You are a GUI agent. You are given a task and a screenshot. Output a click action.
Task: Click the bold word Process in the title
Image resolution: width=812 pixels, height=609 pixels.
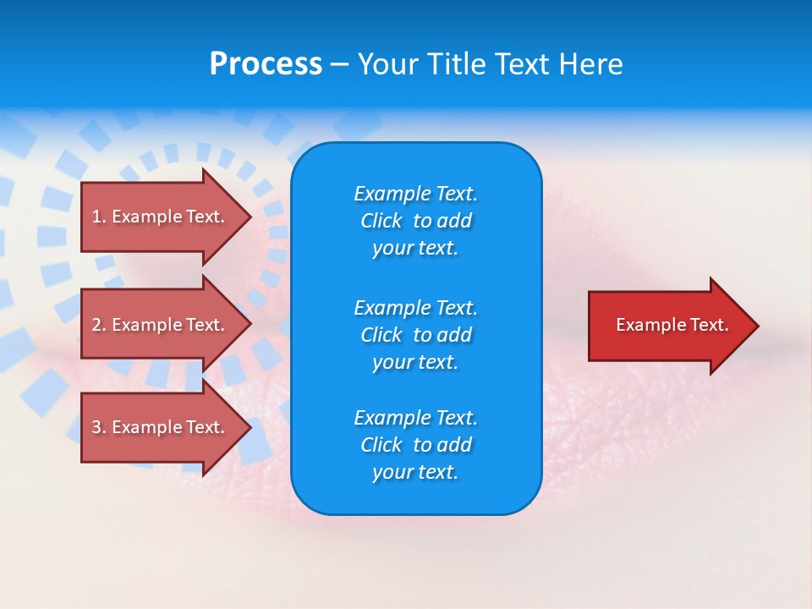click(266, 64)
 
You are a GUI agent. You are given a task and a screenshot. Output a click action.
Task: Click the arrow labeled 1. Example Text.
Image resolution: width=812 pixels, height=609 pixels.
click(161, 217)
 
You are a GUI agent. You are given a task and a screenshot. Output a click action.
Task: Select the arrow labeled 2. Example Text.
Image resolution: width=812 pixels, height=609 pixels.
click(161, 325)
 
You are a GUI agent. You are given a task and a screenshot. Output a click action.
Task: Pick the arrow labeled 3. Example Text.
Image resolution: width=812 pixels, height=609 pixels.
click(161, 427)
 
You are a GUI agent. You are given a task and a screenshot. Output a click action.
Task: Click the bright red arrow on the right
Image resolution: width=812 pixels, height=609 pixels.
click(668, 326)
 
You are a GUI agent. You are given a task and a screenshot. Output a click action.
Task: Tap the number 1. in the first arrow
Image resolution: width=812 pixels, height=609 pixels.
click(99, 217)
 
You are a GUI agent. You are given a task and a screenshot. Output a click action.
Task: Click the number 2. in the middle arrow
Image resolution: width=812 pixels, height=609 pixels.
click(99, 325)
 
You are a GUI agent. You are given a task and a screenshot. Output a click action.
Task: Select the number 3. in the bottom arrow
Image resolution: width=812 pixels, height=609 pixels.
click(99, 427)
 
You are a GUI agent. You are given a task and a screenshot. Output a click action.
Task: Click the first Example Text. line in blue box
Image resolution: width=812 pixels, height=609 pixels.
click(415, 194)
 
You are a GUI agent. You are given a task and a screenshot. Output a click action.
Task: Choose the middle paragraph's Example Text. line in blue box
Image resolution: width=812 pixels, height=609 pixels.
click(415, 307)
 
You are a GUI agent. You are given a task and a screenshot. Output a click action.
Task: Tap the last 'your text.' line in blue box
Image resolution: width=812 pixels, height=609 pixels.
click(415, 472)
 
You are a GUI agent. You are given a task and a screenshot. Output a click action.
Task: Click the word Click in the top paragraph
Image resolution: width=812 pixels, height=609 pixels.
click(381, 221)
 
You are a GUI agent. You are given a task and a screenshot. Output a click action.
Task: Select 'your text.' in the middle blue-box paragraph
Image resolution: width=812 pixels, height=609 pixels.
click(415, 362)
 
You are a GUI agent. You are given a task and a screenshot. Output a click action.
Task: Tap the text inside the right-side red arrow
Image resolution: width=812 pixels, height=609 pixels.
click(672, 325)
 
